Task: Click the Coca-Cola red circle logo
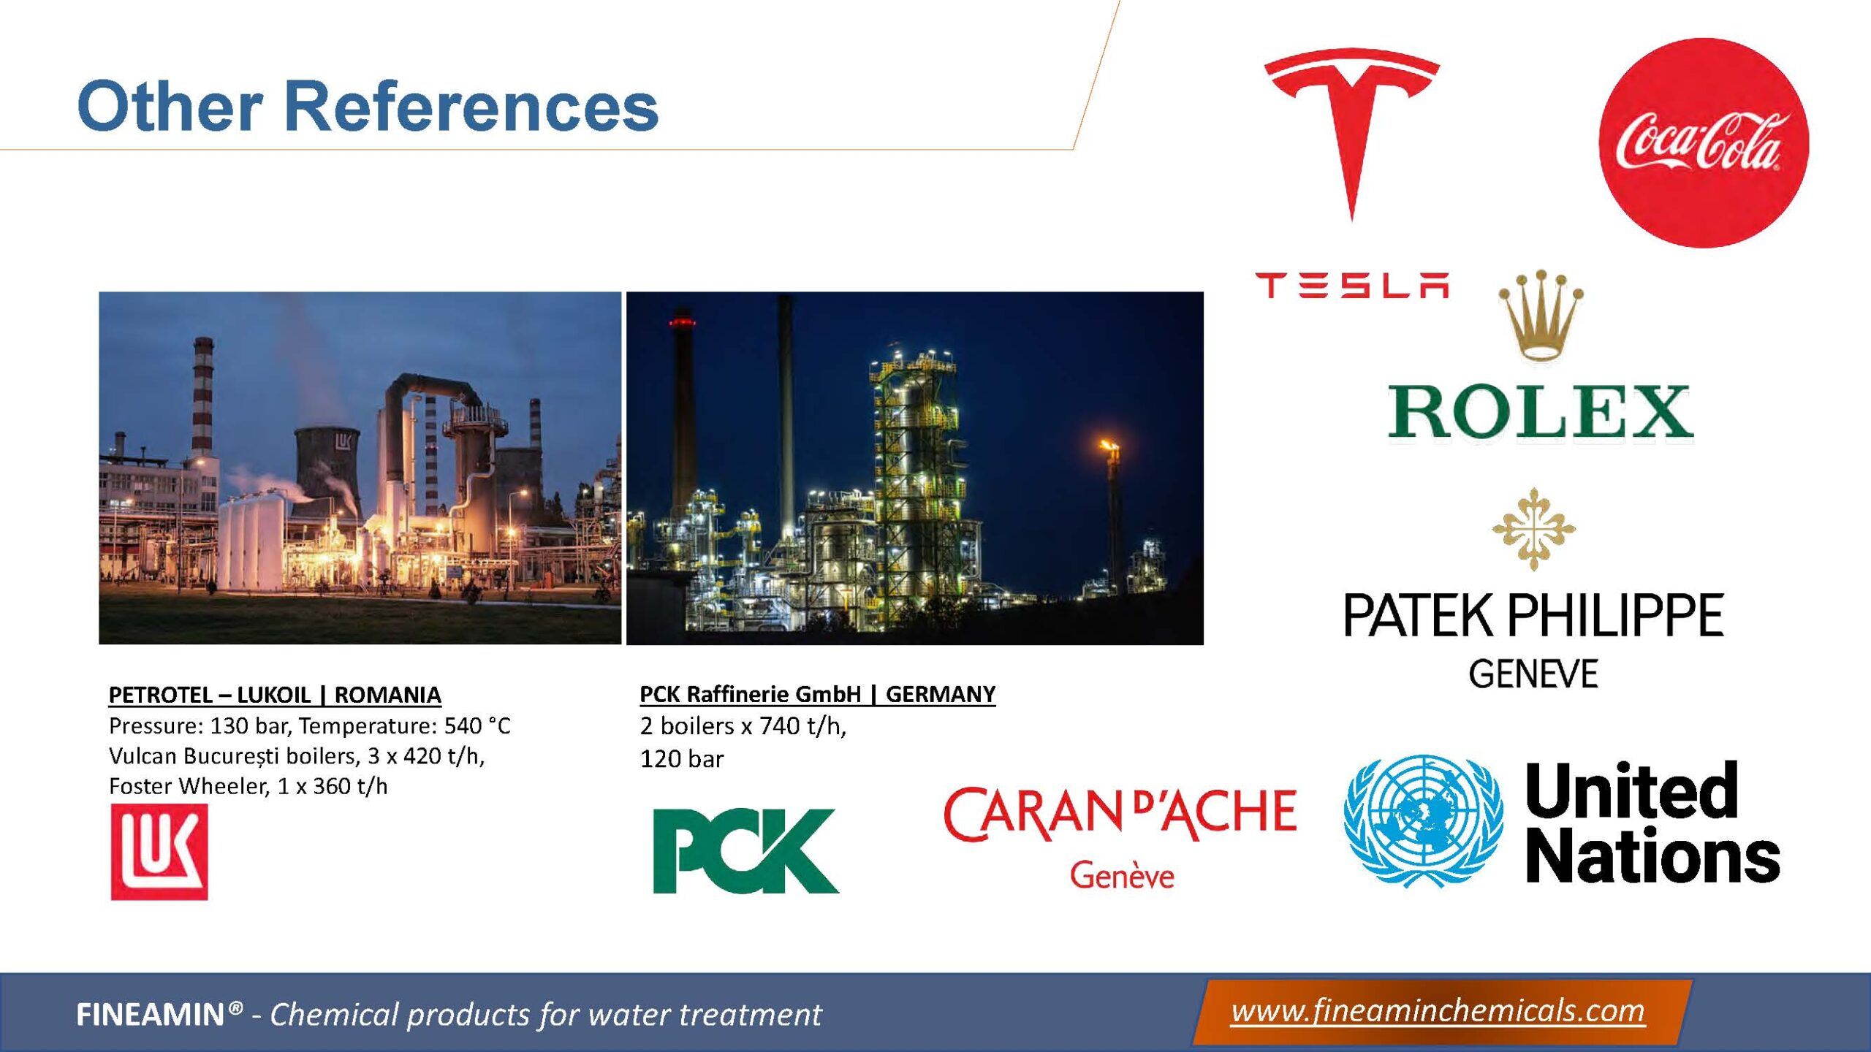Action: [1704, 143]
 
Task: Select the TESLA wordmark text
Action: [1352, 285]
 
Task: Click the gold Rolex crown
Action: [1541, 316]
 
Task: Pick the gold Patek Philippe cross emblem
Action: [1533, 529]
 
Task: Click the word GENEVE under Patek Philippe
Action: [1533, 674]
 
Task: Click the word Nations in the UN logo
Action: [1652, 855]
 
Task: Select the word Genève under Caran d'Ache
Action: [1123, 875]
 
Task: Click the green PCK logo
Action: [745, 851]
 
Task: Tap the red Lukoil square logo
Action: [159, 852]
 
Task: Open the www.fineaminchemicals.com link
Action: [1438, 1012]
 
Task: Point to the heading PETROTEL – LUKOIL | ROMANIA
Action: [275, 695]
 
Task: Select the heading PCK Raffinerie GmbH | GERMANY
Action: [818, 694]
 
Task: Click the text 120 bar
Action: [682, 759]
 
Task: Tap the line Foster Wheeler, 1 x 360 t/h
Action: [248, 786]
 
